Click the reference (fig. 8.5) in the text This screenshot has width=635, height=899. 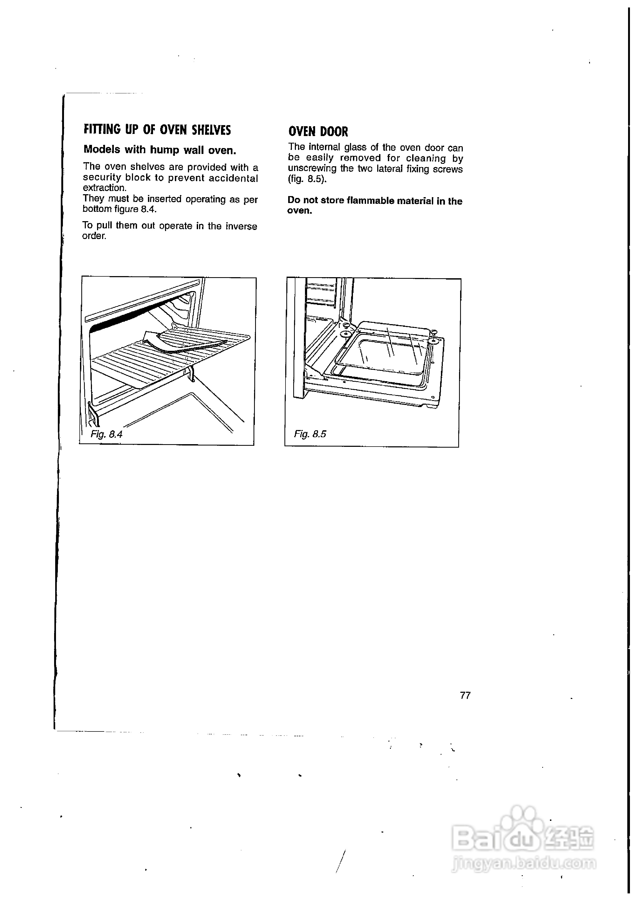pyautogui.click(x=307, y=179)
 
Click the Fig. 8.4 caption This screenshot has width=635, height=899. pyautogui.click(x=106, y=434)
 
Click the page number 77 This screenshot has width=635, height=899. pyautogui.click(x=465, y=696)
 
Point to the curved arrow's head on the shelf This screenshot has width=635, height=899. pyautogui.click(x=149, y=336)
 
